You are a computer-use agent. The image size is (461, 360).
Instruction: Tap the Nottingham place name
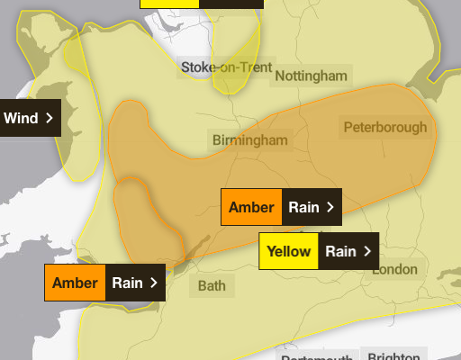311,76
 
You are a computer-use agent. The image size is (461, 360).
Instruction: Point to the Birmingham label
250,139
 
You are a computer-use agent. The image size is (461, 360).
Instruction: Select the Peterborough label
384,127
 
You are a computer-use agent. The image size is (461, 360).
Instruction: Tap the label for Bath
212,286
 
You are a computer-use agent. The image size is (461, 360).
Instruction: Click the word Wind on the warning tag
21,118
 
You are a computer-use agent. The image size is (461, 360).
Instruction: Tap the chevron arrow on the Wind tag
50,118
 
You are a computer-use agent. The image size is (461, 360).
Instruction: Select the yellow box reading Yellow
288,251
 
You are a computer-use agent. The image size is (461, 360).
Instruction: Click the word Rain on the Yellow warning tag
340,251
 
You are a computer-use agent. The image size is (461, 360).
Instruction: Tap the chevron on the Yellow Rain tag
366,251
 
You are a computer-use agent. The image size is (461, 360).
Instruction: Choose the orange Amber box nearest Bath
75,283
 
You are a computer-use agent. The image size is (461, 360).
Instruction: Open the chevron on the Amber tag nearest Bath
154,283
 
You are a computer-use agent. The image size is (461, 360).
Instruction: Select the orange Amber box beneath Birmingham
251,207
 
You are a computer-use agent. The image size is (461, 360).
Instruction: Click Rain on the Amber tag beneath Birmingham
303,207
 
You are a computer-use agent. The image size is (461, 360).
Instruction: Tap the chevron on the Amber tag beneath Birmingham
330,207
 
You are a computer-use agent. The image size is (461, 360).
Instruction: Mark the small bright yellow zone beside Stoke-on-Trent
236,63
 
